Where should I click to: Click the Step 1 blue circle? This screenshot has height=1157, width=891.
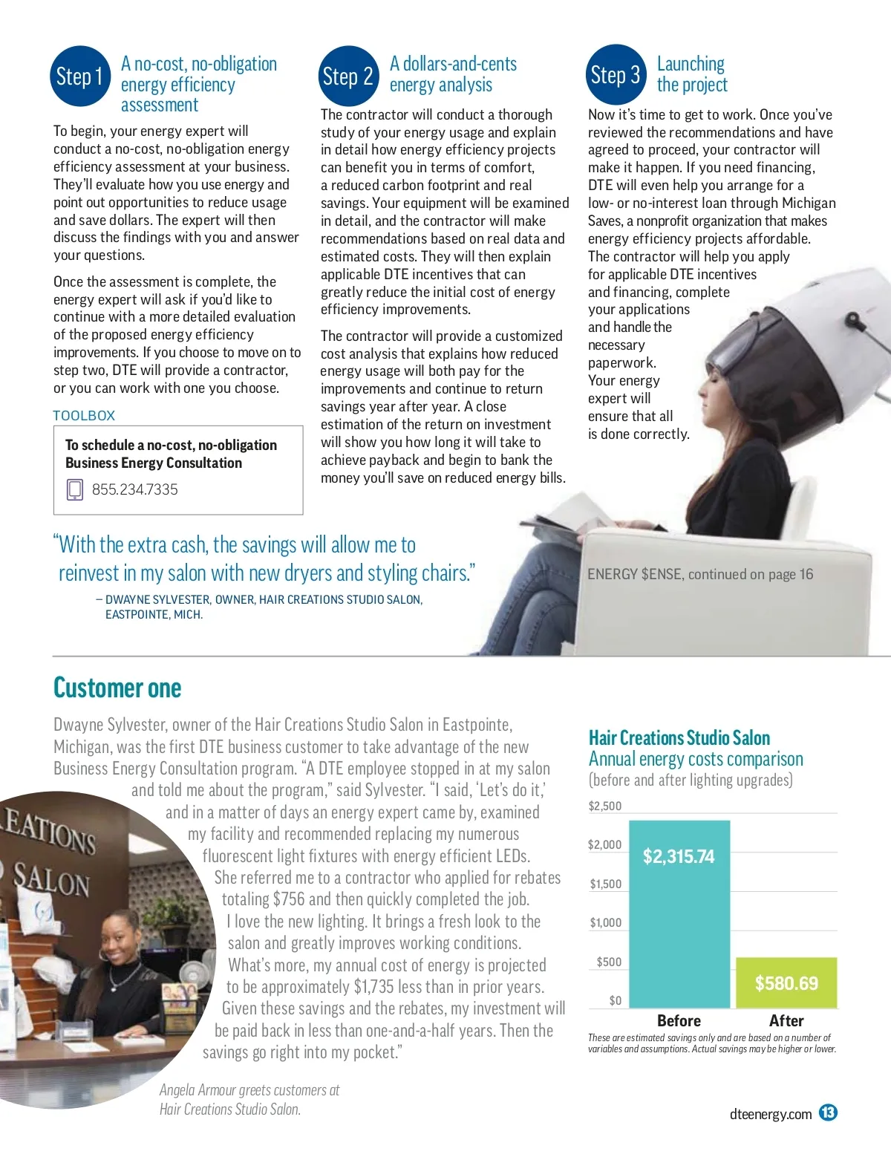[x=79, y=76]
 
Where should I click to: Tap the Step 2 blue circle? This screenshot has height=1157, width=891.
[x=347, y=76]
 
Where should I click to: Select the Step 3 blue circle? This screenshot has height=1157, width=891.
[x=615, y=74]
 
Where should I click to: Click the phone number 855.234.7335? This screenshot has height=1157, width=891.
[x=135, y=489]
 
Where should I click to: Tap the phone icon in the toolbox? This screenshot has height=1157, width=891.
[x=75, y=489]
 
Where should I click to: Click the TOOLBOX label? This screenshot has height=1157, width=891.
[x=84, y=416]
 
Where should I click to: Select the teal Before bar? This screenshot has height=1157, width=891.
[x=679, y=913]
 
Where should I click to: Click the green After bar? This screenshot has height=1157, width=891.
[x=786, y=982]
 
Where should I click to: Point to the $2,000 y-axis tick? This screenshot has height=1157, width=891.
[x=604, y=845]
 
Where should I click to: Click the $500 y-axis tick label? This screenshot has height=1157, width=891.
[x=609, y=962]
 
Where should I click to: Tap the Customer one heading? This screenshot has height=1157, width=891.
[x=117, y=688]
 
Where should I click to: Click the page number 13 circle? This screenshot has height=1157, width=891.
[x=828, y=1112]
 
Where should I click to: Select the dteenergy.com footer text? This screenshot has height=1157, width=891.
[x=771, y=1114]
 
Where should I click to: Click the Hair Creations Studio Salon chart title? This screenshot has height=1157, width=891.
[x=679, y=738]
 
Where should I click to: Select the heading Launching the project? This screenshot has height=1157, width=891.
[x=692, y=74]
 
